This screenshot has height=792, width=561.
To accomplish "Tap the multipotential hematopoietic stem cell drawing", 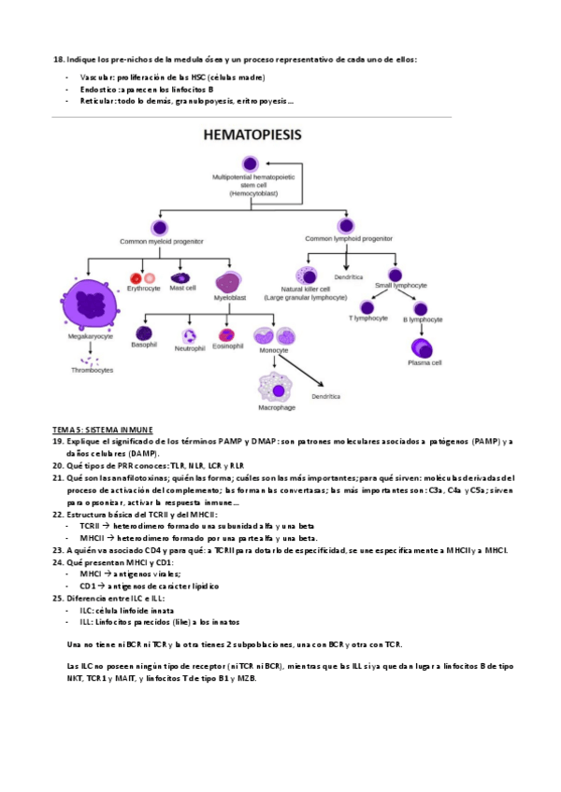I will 249,163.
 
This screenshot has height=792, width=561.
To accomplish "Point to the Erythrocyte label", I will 144,289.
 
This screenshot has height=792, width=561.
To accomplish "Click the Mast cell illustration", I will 181,276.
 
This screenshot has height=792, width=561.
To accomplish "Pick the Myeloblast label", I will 229,297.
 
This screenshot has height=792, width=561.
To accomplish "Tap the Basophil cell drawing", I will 145,332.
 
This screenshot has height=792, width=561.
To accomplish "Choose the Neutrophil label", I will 190,348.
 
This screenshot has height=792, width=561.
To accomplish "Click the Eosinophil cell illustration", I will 226,333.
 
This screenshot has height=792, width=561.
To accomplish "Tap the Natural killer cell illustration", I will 307,276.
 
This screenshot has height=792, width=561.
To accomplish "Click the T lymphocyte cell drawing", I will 366,306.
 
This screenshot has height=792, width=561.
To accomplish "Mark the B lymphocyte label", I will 422,320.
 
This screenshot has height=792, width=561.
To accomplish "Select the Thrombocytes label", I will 92,370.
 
